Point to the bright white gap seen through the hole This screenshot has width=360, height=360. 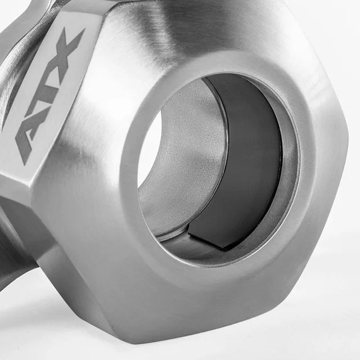[x=150, y=149]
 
